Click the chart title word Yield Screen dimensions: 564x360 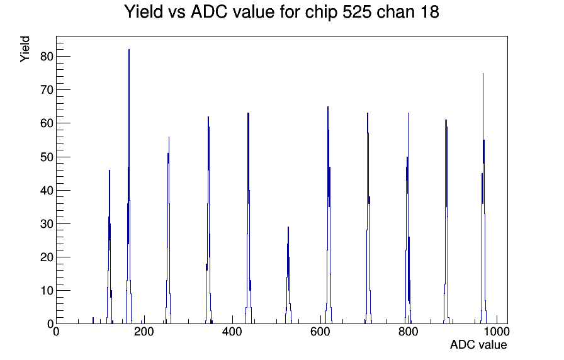click(144, 11)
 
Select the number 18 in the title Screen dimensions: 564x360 click(429, 11)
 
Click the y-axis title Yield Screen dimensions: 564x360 click(25, 49)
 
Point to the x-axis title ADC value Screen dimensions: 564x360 click(478, 344)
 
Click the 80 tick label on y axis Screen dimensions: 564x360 click(47, 57)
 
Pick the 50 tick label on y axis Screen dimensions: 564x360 click(47, 157)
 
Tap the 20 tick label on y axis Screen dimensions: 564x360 click(47, 257)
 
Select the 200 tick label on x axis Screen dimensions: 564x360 click(144, 331)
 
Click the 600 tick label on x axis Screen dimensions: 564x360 click(320, 331)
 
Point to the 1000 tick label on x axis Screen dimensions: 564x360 click(496, 331)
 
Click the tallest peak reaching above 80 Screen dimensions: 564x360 click(129, 50)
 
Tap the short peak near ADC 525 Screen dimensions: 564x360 click(288, 227)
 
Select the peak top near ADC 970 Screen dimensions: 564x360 click(483, 74)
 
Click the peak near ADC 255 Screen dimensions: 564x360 click(169, 137)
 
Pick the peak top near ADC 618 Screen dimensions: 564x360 click(328, 107)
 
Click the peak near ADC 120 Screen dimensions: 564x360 click(110, 171)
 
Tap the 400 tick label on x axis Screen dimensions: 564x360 click(232, 331)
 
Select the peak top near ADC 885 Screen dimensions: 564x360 click(446, 120)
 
